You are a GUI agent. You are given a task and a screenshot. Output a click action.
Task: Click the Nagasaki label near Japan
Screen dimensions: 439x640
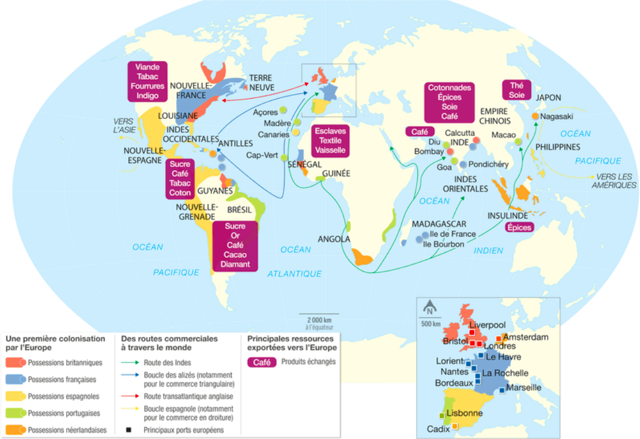tap(557, 117)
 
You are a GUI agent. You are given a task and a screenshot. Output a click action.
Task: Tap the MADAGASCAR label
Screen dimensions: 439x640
tap(439, 224)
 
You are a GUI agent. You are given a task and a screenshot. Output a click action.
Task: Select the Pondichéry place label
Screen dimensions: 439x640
tap(489, 164)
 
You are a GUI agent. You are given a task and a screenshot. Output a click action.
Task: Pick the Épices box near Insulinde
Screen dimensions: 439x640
tap(519, 227)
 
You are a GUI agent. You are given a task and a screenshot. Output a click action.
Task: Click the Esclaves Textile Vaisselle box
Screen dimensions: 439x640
tap(330, 140)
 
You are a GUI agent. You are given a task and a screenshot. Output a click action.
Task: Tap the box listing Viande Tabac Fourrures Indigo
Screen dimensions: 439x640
tap(147, 81)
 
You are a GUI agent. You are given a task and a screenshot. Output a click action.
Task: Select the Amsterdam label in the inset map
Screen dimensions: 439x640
tap(526, 337)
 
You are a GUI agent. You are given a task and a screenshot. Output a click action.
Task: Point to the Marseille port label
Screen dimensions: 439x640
tap(523, 387)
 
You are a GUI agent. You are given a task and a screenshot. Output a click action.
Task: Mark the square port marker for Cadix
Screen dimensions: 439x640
tap(455, 426)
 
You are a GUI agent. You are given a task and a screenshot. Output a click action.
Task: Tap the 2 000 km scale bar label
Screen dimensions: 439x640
tap(319, 319)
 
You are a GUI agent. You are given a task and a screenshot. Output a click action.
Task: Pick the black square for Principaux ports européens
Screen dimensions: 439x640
tap(129, 429)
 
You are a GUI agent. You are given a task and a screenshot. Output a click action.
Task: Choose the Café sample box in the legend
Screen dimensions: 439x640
tap(262, 362)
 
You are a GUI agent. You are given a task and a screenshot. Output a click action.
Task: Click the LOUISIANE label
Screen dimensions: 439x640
tap(178, 115)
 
